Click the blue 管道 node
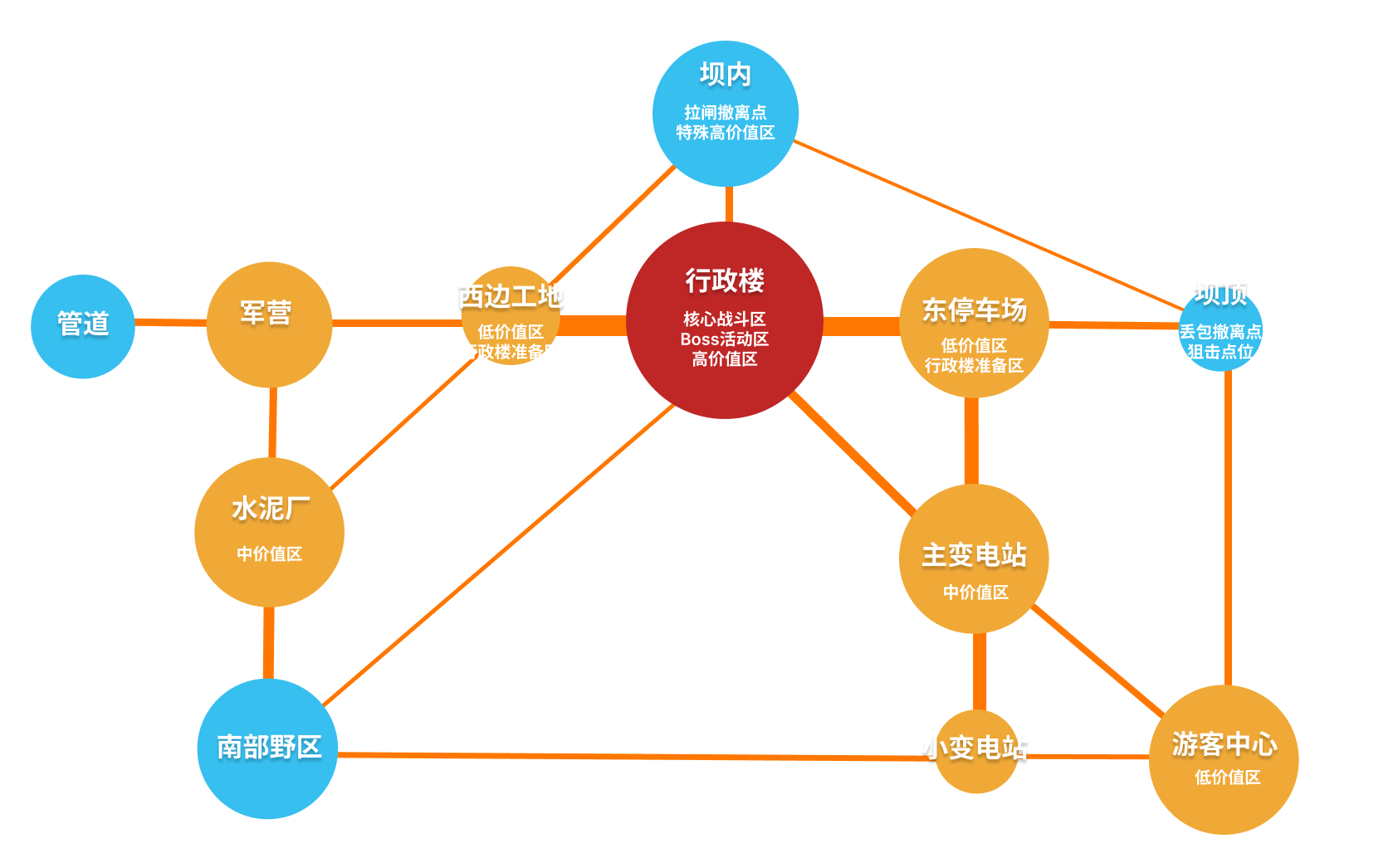pyautogui.click(x=83, y=326)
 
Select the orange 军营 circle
pyautogui.click(x=268, y=324)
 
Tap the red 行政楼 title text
pyautogui.click(x=724, y=280)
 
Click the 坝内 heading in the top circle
pyautogui.click(x=725, y=75)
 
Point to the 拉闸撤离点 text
pyautogui.click(x=725, y=112)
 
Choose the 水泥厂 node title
pyautogui.click(x=270, y=508)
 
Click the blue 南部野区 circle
pyautogui.click(x=267, y=748)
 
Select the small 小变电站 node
pyautogui.click(x=976, y=750)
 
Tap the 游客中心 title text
pyautogui.click(x=1224, y=743)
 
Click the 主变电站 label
pyautogui.click(x=974, y=555)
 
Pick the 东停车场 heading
pyautogui.click(x=974, y=310)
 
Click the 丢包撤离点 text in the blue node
pyautogui.click(x=1220, y=332)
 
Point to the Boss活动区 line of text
pyautogui.click(x=724, y=339)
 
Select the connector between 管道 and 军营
pyautogui.click(x=170, y=322)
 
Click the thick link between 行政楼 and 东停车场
pyautogui.click(x=861, y=325)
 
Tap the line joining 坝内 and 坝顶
pyautogui.click(x=988, y=225)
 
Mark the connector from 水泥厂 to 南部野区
pyautogui.click(x=268, y=642)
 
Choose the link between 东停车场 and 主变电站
pyautogui.click(x=971, y=441)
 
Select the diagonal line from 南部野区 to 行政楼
pyautogui.click(x=498, y=555)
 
